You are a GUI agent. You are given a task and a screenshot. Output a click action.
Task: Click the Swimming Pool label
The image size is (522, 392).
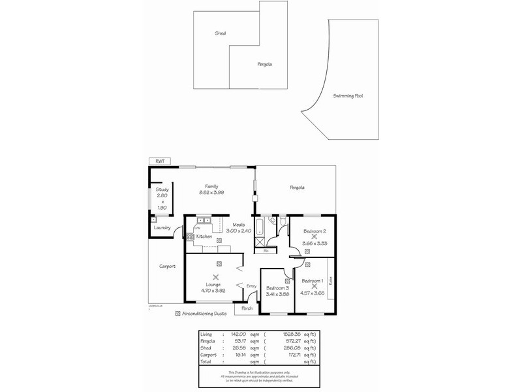(x=348, y=95)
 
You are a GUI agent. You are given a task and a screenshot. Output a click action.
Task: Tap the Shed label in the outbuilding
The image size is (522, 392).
(x=221, y=33)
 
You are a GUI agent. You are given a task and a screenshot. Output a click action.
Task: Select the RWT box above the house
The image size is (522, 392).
(x=157, y=161)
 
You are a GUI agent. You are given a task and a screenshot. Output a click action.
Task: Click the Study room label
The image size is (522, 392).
(x=162, y=189)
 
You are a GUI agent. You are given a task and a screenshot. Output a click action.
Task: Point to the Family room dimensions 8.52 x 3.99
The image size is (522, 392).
(x=211, y=193)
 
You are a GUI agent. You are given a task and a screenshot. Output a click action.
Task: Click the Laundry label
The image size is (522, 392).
(x=162, y=227)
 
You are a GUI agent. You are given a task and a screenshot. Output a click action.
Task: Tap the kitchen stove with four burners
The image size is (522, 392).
(x=190, y=237)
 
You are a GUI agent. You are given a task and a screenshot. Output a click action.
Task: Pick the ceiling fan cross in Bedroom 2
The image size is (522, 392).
(x=314, y=237)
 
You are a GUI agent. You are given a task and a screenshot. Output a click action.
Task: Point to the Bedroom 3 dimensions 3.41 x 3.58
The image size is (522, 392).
(x=278, y=294)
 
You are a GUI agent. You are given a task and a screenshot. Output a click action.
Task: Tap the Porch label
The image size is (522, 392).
(x=247, y=308)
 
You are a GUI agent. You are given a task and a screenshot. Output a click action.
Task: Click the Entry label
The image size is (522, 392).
(x=251, y=286)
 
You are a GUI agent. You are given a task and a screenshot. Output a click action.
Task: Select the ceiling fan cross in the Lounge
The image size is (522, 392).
(x=215, y=277)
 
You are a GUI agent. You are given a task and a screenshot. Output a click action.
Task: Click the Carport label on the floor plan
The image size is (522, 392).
(x=168, y=266)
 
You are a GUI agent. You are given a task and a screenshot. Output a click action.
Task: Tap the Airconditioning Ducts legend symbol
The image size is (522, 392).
(x=178, y=314)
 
